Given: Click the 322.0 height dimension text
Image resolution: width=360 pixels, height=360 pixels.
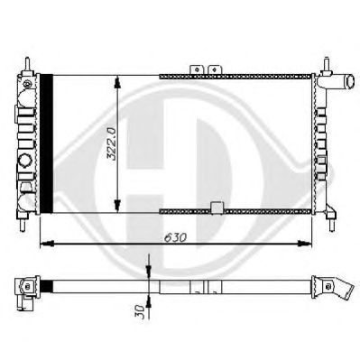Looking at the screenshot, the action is [111, 144].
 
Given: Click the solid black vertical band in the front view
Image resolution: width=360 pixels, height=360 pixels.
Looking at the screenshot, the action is [46, 143].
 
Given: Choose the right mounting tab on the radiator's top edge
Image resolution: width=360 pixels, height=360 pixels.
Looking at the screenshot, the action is [215, 69].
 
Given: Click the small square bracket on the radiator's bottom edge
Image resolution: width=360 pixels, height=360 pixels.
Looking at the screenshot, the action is [217, 208].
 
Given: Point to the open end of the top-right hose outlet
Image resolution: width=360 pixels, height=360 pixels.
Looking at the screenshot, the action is [351, 80].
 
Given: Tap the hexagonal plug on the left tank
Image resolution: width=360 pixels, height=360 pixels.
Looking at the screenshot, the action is [24, 162].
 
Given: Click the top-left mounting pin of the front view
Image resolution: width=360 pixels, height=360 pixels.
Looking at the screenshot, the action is [27, 64].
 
